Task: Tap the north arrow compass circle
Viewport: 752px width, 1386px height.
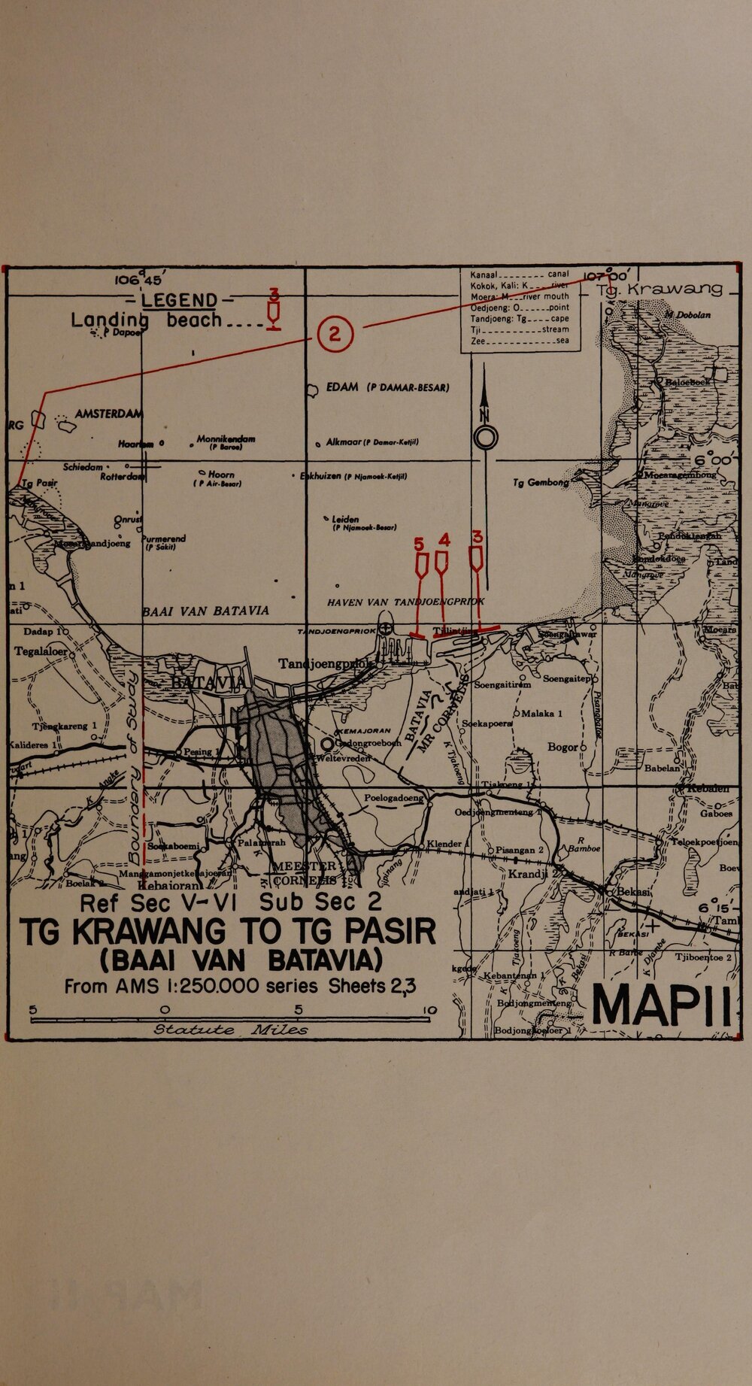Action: click(485, 437)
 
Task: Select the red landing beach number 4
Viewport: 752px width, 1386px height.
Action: click(443, 539)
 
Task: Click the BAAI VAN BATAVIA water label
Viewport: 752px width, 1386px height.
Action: click(205, 611)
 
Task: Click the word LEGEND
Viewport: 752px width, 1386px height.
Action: click(179, 301)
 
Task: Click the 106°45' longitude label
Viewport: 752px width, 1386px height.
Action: click(135, 280)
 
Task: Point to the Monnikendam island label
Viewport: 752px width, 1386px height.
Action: click(225, 438)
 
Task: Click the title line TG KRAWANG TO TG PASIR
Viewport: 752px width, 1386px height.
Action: click(228, 933)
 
